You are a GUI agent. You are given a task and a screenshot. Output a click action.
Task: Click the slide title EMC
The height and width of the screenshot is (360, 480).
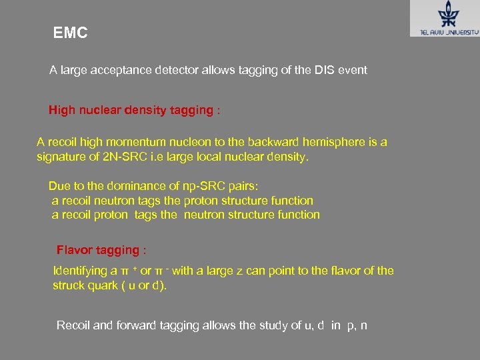click(x=70, y=33)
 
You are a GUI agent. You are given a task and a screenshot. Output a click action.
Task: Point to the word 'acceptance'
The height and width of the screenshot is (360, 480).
click(x=127, y=70)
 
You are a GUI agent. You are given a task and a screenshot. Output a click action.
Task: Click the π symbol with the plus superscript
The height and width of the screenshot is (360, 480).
click(x=124, y=271)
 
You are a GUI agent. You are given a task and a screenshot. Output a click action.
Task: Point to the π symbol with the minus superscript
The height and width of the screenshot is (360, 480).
click(x=158, y=271)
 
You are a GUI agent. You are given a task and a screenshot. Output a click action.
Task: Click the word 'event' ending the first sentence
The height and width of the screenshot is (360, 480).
click(x=353, y=70)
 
